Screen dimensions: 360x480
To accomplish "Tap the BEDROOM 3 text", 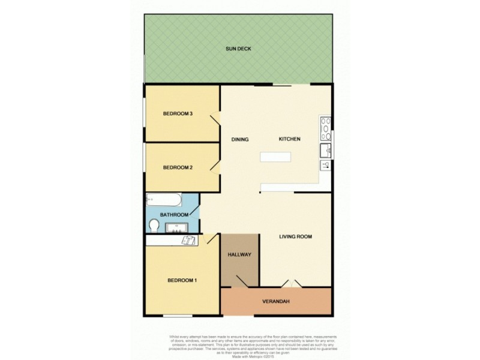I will click(178, 114).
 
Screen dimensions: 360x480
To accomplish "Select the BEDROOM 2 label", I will click(178, 167).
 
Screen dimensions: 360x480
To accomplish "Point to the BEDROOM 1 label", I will click(182, 281).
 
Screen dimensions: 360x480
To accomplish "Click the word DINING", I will click(240, 139).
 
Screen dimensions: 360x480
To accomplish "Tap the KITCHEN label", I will click(289, 139).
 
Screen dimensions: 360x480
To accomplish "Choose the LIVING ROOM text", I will click(296, 236).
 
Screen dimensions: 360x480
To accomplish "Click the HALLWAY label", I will click(239, 255).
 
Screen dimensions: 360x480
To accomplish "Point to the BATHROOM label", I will click(174, 215).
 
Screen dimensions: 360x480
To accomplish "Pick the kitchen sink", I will click(325, 149).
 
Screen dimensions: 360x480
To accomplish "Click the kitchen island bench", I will click(275, 157).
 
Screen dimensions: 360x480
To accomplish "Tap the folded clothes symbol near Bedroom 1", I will click(189, 240).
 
